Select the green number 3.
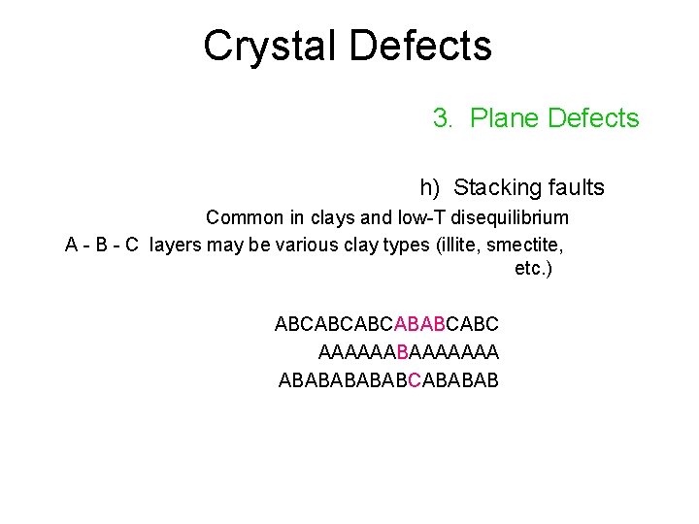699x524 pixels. [442, 118]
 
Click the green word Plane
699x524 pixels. [505, 118]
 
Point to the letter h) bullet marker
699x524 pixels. [429, 187]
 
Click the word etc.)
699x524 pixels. [533, 268]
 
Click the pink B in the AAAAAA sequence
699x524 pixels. [403, 351]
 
